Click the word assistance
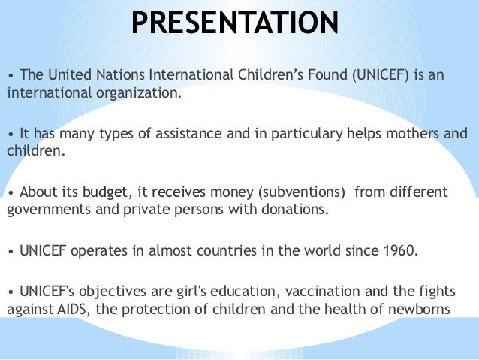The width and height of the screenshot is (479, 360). (178, 134)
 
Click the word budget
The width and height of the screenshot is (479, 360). (105, 192)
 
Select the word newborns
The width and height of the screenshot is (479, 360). (416, 310)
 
